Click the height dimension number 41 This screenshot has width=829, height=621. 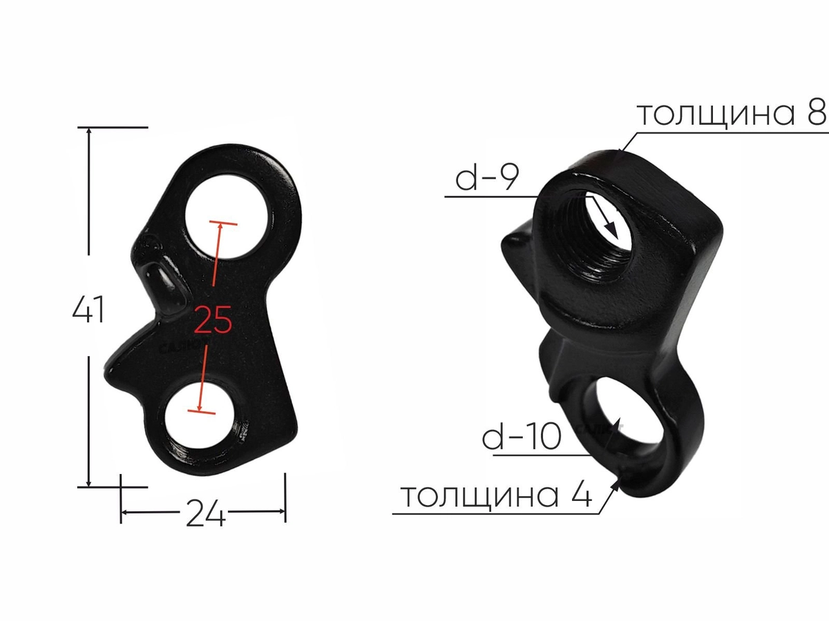[88, 309]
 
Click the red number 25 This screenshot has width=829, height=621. [213, 319]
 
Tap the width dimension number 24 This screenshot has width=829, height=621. [206, 513]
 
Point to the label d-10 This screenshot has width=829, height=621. [521, 436]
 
